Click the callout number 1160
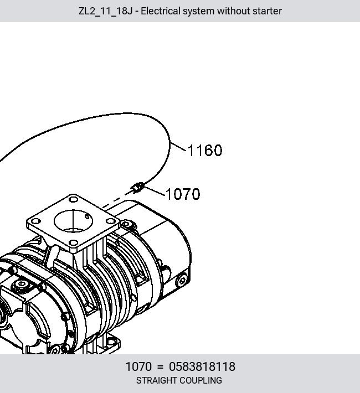205,151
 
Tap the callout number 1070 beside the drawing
183,194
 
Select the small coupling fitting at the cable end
138,188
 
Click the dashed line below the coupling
116,199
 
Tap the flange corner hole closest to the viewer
73,242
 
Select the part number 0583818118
202,366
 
